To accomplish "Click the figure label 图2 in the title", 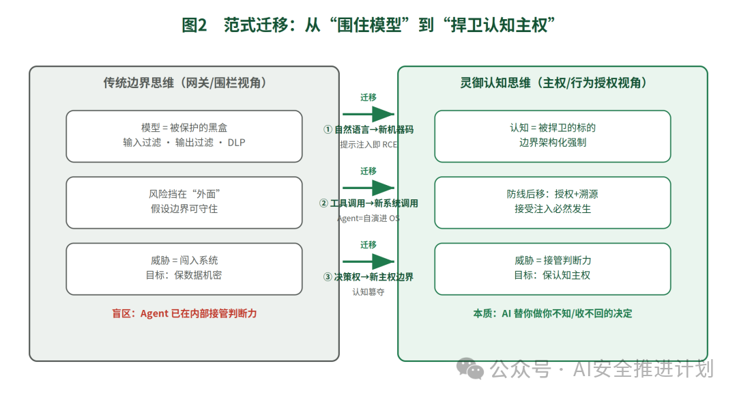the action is point(194,25).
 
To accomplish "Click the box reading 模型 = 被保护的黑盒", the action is point(184,137).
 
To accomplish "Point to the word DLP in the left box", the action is point(236,143).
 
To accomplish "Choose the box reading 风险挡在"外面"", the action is point(184,203).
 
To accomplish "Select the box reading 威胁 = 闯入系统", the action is point(184,269).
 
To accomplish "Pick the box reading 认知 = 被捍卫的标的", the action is point(553,137).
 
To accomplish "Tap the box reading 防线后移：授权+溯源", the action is point(553,203).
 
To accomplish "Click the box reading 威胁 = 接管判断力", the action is point(553,269).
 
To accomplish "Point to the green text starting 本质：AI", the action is point(553,313).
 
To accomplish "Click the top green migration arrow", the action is point(369,114).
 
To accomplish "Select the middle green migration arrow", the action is point(369,188).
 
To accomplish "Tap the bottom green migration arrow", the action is point(369,261).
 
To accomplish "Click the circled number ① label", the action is point(328,130).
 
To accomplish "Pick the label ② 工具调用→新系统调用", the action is point(369,203).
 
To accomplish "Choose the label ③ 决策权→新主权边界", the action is point(369,277).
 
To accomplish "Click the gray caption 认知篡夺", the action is point(369,292).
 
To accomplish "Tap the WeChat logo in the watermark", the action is point(470,369).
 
